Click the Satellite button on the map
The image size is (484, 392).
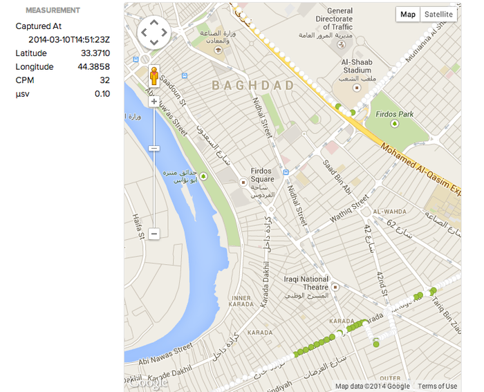tap(438, 15)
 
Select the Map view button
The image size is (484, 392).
tap(408, 15)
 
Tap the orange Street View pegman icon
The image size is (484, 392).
tap(154, 76)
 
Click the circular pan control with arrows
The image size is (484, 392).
tap(153, 32)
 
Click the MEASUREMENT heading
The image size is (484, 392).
tap(53, 10)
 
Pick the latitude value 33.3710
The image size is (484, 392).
tap(95, 53)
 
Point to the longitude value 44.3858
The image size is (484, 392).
tap(95, 67)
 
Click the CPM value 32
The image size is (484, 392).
tap(104, 80)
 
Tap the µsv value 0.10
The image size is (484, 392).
tap(102, 94)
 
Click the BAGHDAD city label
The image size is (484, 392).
tap(252, 86)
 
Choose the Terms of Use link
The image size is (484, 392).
tap(437, 386)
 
